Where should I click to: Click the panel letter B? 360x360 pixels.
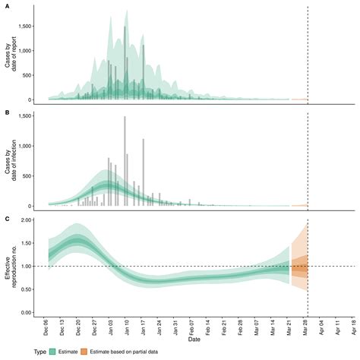point(7,112)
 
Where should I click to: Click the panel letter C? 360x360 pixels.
point(7,217)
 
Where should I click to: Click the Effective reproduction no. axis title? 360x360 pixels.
point(11,266)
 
